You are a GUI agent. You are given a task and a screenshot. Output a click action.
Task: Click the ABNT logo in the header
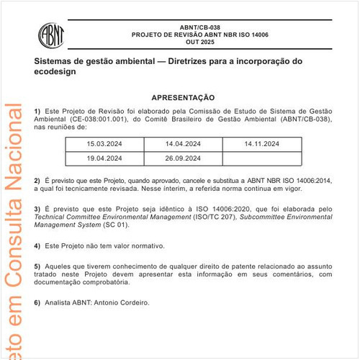pos(53,35)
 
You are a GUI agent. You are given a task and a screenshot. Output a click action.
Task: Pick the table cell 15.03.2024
pos(104,145)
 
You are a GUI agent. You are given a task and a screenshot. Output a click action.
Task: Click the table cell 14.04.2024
pos(183,145)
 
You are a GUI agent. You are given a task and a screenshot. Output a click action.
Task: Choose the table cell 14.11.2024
pos(261,145)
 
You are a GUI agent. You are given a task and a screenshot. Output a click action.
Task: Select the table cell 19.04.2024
pos(104,158)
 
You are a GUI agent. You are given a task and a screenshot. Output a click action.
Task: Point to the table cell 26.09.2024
pos(183,158)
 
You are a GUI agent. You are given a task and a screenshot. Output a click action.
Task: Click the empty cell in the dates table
pos(261,158)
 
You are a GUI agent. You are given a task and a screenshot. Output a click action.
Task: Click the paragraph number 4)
pos(38,246)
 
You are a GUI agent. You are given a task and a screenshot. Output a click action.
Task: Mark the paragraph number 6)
pos(38,302)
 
